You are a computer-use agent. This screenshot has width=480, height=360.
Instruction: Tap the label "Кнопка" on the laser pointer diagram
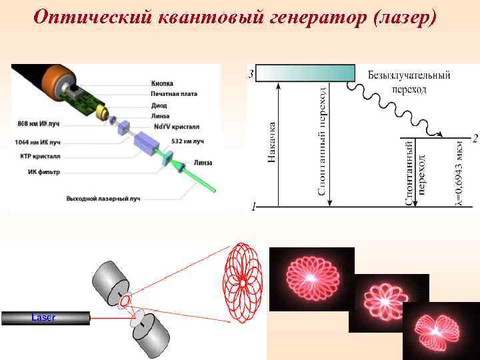pyautogui.click(x=162, y=83)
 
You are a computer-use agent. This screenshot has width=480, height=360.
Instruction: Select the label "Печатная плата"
pyautogui.click(x=172, y=94)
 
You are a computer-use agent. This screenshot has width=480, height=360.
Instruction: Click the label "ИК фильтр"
pyautogui.click(x=44, y=171)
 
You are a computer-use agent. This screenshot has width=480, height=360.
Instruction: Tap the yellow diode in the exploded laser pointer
pyautogui.click(x=103, y=115)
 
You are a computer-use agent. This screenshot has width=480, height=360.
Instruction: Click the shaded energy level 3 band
pyautogui.click(x=304, y=73)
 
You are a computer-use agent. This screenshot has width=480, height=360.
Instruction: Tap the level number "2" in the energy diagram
pyautogui.click(x=474, y=139)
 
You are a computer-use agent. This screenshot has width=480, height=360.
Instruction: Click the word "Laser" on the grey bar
pyautogui.click(x=44, y=317)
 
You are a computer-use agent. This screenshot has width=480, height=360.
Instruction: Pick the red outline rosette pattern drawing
pyautogui.click(x=241, y=283)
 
